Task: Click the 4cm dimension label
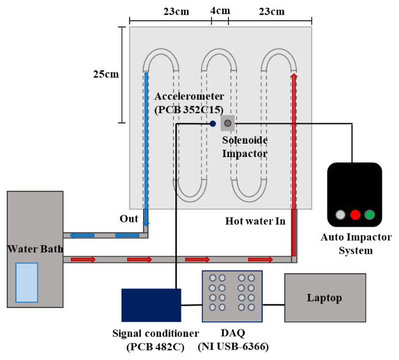[220, 12]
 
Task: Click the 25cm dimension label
[106, 75]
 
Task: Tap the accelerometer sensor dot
[213, 123]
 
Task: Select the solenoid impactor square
[228, 123]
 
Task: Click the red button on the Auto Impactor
[355, 215]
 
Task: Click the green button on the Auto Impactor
[369, 215]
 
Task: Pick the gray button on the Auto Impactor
[340, 215]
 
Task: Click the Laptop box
[324, 298]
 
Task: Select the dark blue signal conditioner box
[151, 304]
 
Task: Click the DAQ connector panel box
[232, 296]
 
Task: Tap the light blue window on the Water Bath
[26, 282]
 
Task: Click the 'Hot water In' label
[255, 221]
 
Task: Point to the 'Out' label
[128, 219]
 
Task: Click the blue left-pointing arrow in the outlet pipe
[81, 235]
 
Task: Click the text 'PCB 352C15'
[188, 109]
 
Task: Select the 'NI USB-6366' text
[233, 347]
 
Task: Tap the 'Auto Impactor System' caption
[356, 243]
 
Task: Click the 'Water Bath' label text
[34, 249]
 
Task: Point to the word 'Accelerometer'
[189, 97]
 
